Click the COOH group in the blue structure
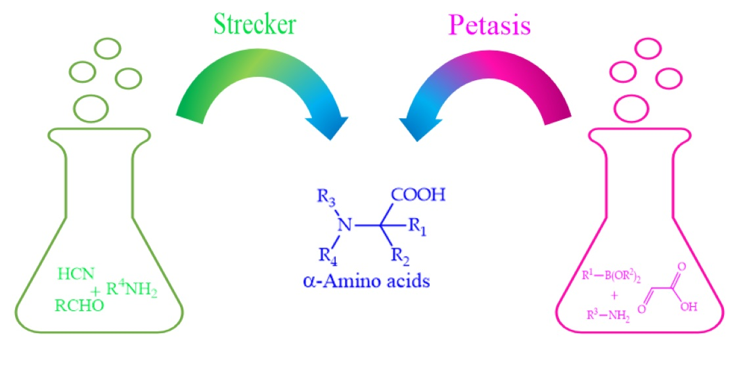418,195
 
